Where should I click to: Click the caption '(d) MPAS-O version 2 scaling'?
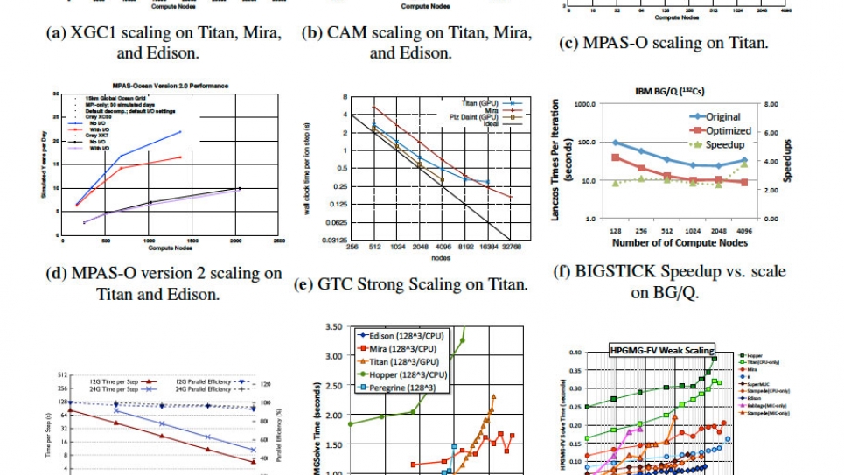point(163,274)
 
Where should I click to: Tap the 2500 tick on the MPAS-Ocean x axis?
point(278,241)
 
